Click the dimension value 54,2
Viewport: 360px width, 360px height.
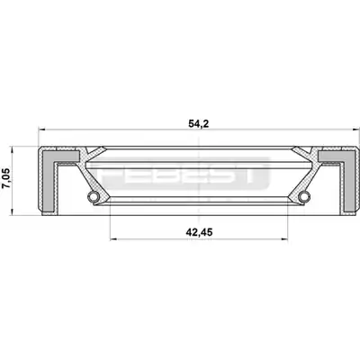click(x=198, y=123)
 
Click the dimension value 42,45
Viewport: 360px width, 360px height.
click(x=199, y=232)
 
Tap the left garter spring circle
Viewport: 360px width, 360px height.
click(x=93, y=196)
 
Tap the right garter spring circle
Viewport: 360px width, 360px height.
click(x=303, y=196)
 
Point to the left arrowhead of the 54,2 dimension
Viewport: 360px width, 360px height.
click(x=42, y=130)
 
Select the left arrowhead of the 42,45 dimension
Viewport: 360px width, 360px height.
click(x=113, y=239)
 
